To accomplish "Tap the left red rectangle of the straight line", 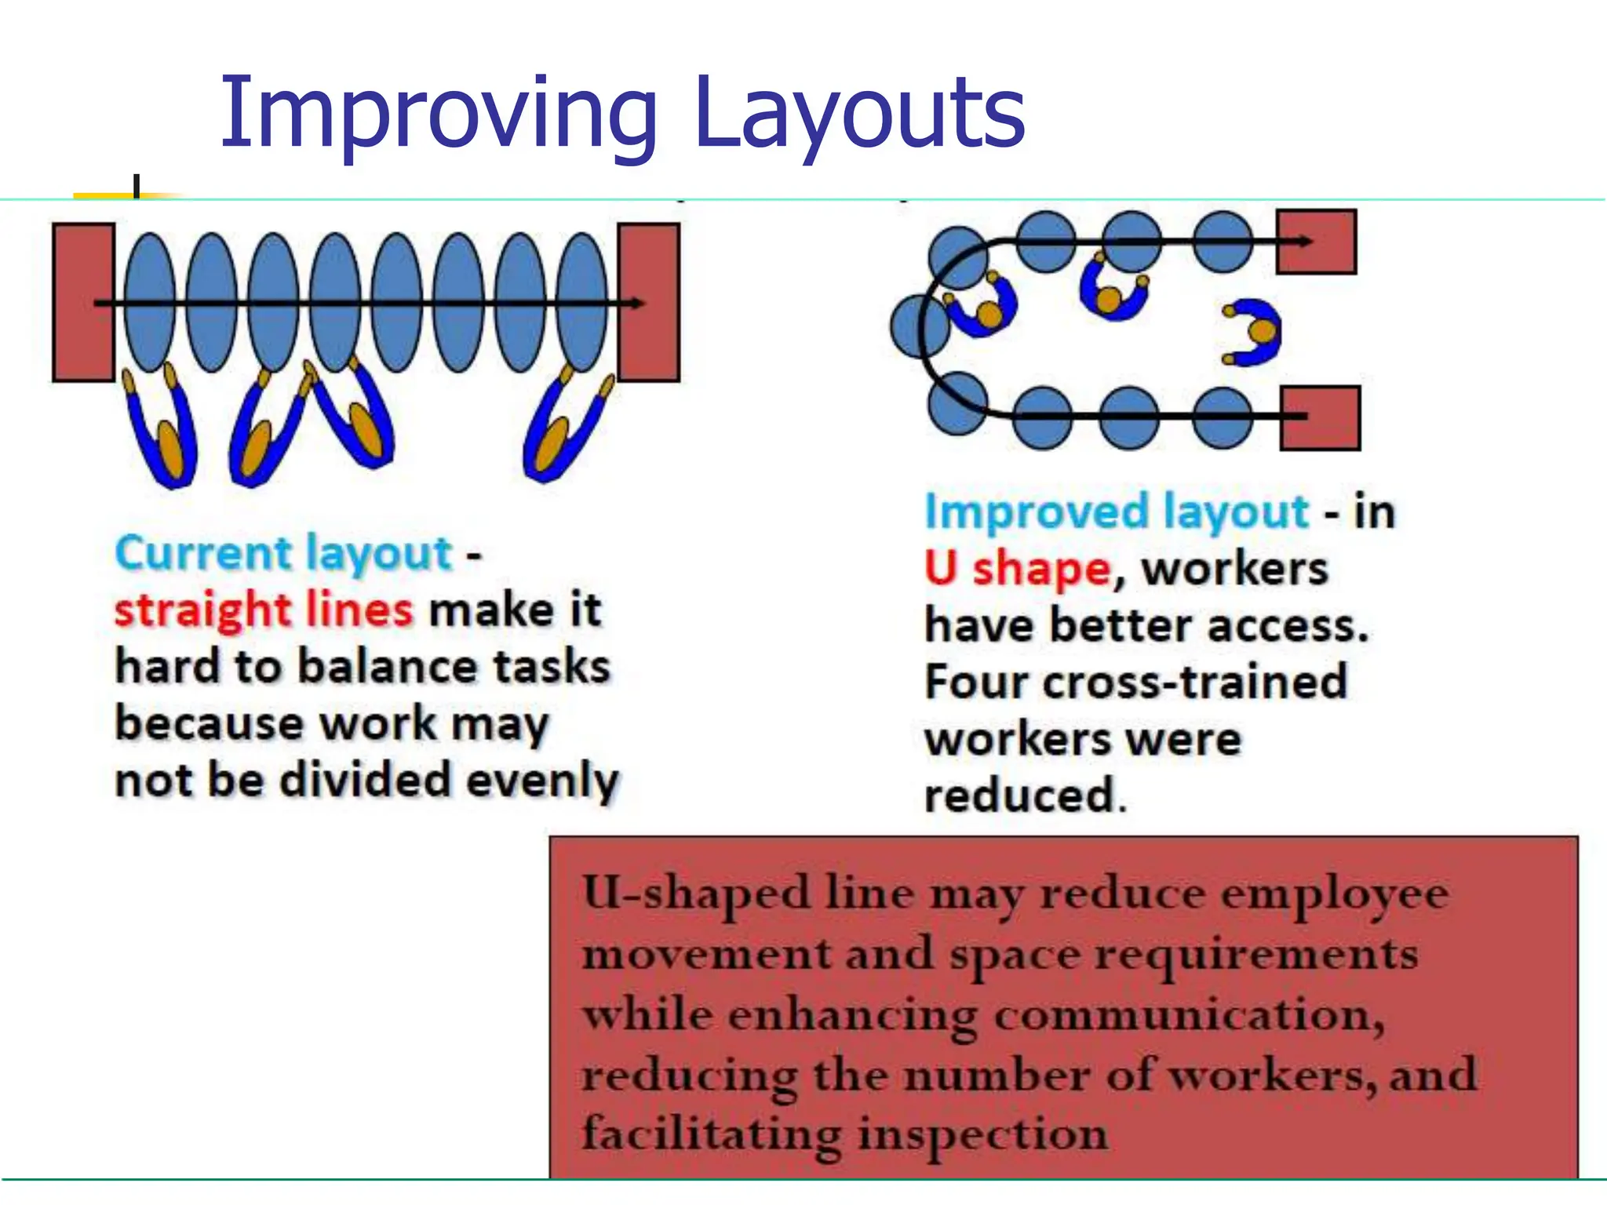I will coord(83,303).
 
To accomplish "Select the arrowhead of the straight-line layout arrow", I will coord(637,303).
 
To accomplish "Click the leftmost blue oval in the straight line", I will coord(149,303).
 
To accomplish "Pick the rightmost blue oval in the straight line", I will coord(582,303).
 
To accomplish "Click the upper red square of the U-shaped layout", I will coord(1317,242).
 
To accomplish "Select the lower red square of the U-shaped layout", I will coord(1320,417).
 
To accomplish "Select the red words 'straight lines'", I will coord(264,610).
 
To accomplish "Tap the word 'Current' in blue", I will coord(206,553).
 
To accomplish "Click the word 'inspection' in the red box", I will coord(981,1134).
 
